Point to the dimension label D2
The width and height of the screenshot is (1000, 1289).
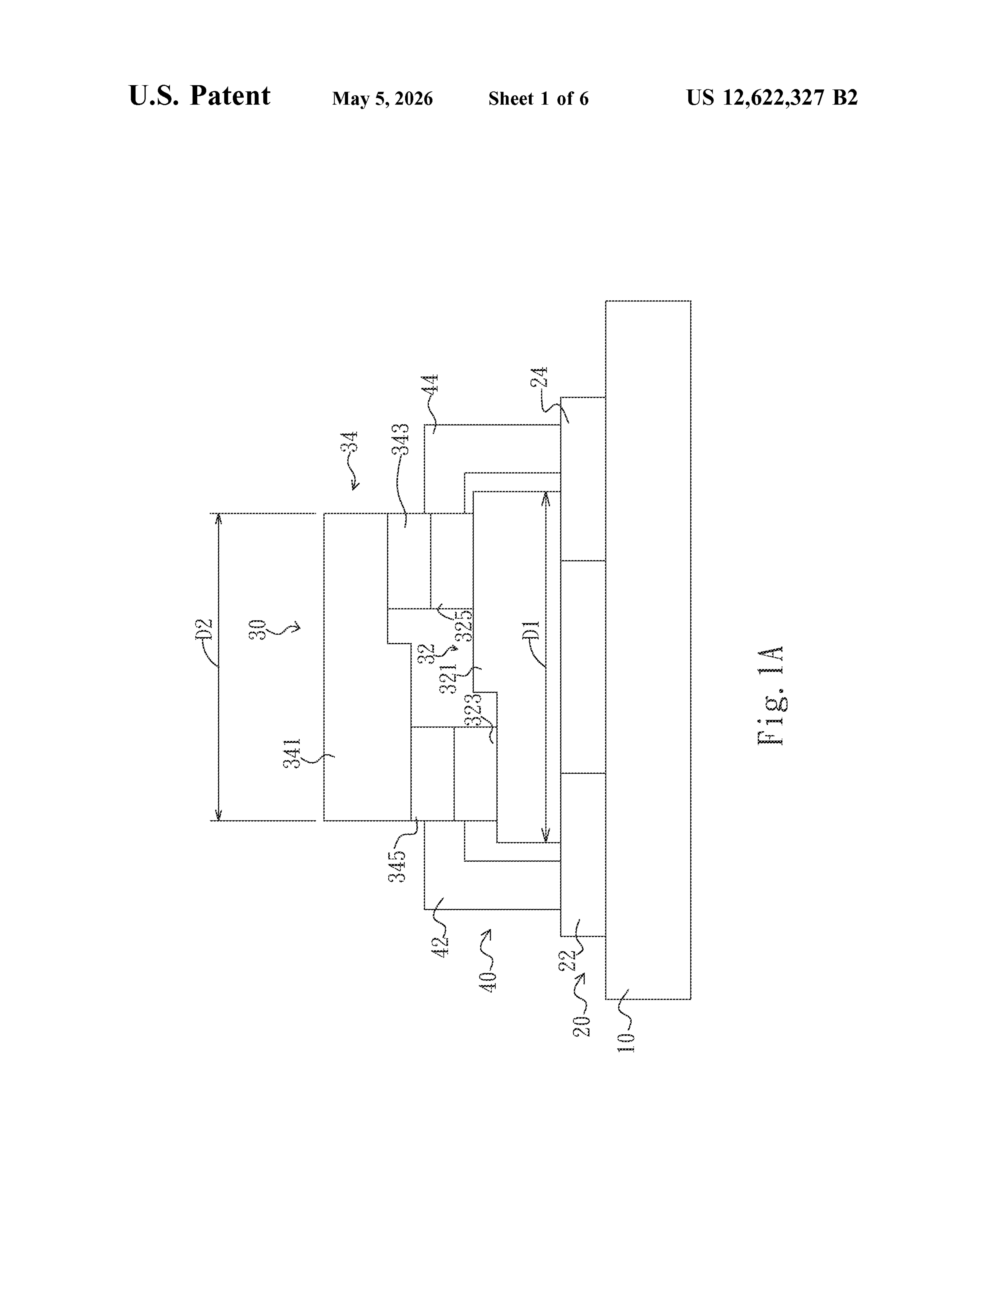(203, 630)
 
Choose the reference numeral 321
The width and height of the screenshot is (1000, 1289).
(449, 679)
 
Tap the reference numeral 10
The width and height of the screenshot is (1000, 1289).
(626, 1042)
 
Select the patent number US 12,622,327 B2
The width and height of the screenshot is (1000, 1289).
(771, 98)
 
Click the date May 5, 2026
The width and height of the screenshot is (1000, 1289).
(383, 99)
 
